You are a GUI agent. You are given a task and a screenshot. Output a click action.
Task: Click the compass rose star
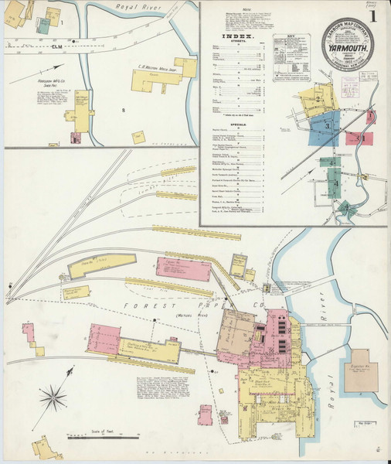pos(56,398)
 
